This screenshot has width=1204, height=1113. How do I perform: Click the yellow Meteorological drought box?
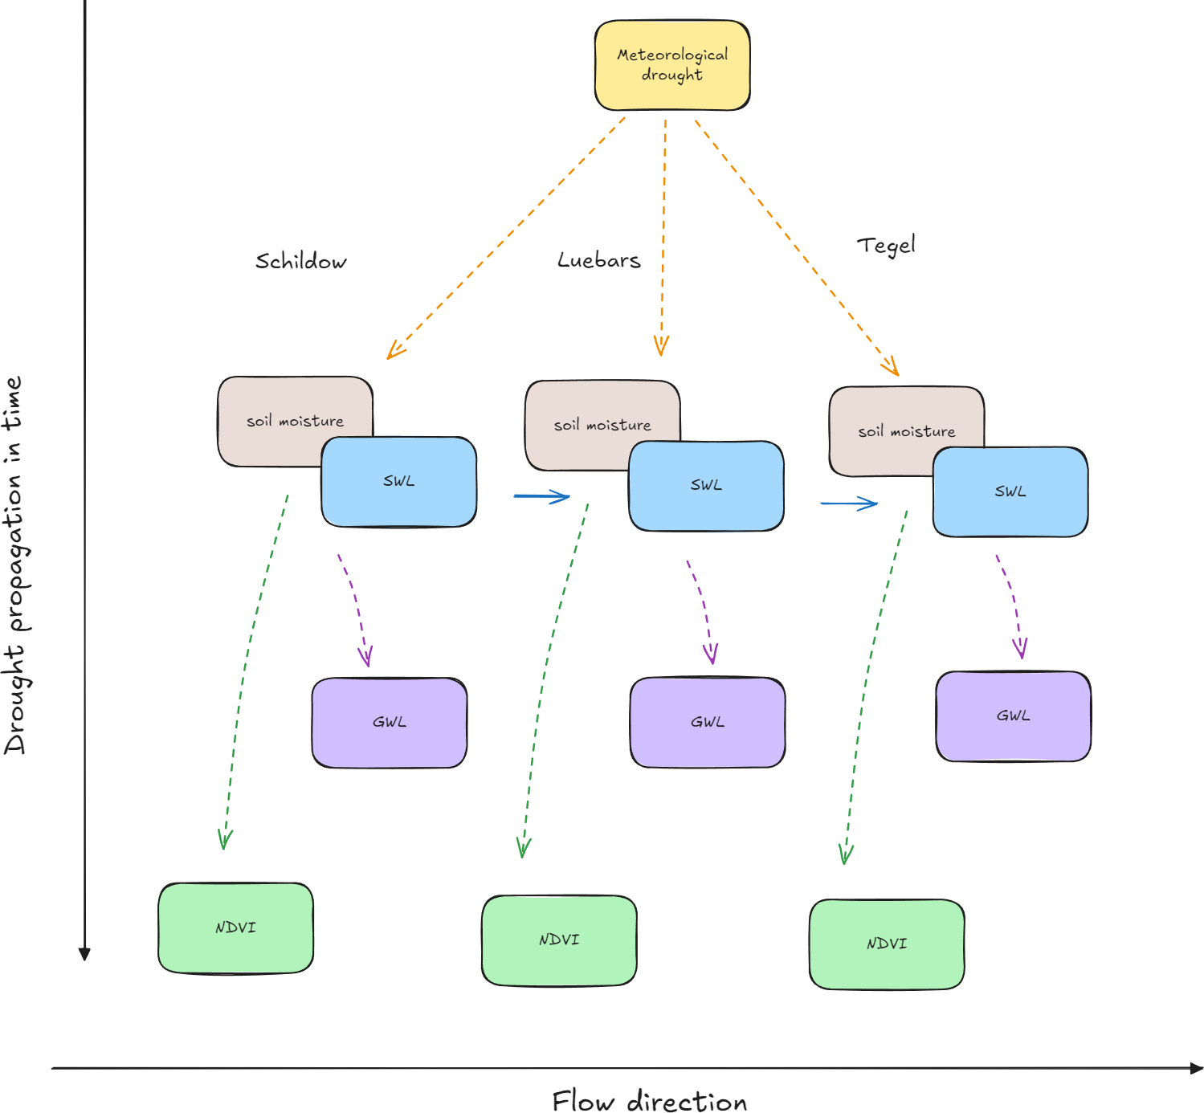pos(671,65)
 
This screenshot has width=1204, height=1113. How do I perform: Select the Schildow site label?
pos(300,261)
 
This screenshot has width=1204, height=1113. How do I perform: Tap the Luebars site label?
pos(598,260)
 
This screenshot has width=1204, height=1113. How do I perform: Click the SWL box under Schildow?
pos(398,481)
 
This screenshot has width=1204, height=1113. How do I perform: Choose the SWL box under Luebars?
pos(706,486)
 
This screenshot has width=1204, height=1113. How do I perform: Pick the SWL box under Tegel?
pos(1010,491)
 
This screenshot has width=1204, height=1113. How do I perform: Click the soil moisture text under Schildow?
pos(295,421)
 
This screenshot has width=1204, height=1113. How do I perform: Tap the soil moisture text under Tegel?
pos(906,431)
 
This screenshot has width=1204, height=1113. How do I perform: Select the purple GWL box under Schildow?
pos(390,723)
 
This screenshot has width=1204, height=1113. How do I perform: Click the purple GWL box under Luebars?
pos(708,722)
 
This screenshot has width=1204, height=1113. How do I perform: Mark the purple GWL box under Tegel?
pos(1013,716)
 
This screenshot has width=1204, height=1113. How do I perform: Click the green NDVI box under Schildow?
pos(236,928)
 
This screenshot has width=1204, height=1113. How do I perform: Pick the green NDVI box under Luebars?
pos(559,940)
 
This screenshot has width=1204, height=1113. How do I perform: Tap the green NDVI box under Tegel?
pos(886,944)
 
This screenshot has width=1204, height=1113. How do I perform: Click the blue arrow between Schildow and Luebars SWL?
pos(541,496)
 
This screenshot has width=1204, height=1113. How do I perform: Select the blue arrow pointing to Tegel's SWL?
pos(849,503)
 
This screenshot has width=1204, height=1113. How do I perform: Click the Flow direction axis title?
pos(649,1101)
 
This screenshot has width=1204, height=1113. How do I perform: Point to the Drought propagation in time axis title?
pos(15,565)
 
